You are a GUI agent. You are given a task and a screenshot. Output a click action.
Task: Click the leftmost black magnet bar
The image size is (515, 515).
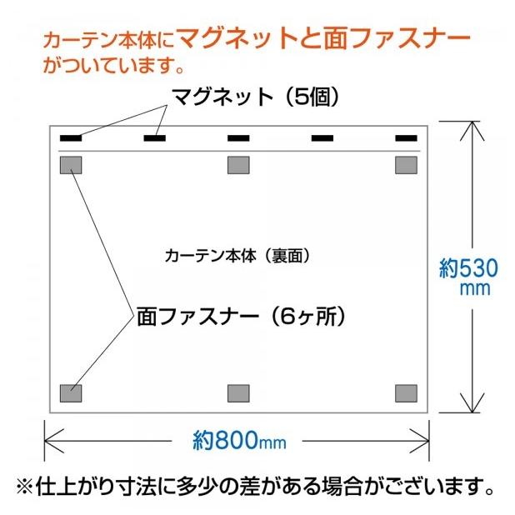coord(72,137)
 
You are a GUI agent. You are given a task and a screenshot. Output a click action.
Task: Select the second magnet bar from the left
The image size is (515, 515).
coord(155,137)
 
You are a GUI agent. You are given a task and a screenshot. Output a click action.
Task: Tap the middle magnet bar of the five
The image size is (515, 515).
coord(239,137)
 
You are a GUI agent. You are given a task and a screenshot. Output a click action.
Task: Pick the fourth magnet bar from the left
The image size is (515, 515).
coord(322,137)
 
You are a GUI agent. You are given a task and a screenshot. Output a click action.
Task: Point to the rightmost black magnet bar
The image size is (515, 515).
coord(406,137)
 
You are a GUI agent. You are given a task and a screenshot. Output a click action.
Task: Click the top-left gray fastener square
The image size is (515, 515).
coord(72,165)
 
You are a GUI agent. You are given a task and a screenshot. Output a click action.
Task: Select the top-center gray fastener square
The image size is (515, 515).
coord(239,165)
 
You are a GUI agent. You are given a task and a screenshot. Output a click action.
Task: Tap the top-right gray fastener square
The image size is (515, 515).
coord(406,165)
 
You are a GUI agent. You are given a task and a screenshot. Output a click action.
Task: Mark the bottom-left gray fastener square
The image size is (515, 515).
coord(72,392)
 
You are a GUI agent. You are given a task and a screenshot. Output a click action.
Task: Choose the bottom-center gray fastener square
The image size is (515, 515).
coord(239,392)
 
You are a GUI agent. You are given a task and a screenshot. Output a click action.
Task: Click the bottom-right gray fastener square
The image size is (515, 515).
coord(406,392)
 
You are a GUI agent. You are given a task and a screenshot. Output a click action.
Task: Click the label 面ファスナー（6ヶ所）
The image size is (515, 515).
coord(242,317)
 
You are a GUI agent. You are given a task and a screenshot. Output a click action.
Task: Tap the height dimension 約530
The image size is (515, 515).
coord(469,269)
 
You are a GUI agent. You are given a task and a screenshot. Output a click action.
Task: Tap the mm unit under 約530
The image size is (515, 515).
coord(476,290)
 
